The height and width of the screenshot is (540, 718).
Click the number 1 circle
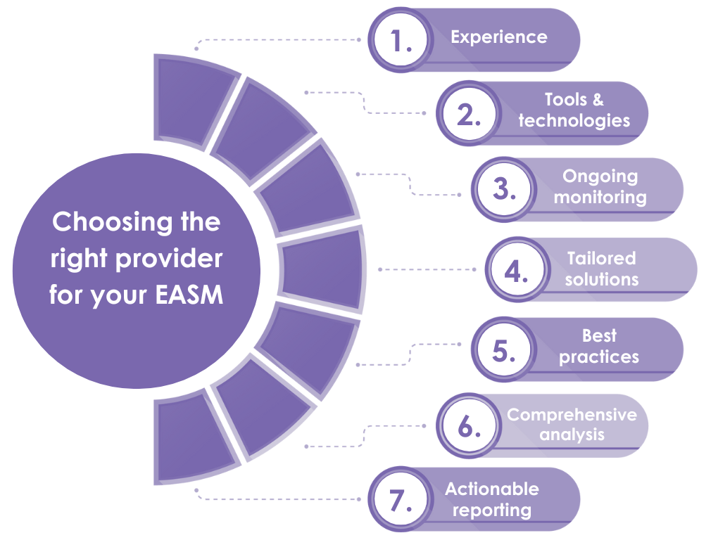coord(401,40)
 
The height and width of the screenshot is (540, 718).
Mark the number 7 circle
coord(401,500)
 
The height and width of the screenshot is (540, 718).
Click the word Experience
coord(498,37)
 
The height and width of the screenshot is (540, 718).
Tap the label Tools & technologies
coord(574,110)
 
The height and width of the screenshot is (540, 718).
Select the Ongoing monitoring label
coord(600,186)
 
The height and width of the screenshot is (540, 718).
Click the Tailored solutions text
coord(601,269)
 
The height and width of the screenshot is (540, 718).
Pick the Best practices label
coord(599,347)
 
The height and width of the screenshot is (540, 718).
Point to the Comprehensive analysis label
coord(572,424)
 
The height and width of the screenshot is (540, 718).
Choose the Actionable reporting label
coord(491,499)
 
